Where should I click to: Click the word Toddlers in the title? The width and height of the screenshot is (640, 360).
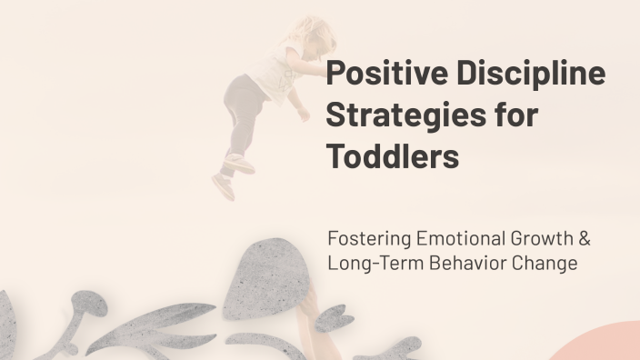(393, 156)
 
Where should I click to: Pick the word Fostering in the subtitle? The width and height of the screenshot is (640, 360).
(368, 239)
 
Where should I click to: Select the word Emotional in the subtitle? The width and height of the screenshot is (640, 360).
(459, 239)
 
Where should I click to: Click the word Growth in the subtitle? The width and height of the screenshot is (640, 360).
(543, 239)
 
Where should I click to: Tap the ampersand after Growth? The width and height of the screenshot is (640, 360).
(585, 239)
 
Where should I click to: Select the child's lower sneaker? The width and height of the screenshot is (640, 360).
(223, 186)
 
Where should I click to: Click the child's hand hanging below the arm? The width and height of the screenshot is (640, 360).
(299, 113)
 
